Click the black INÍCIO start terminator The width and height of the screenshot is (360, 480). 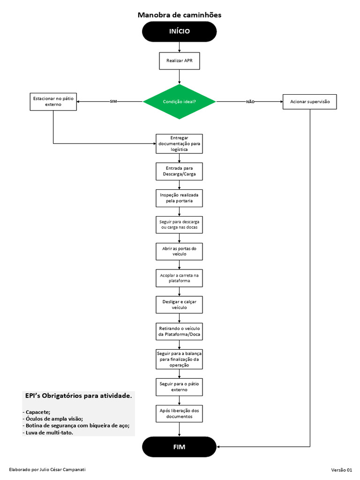pyautogui.click(x=179, y=31)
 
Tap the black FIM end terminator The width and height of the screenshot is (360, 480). pyautogui.click(x=179, y=447)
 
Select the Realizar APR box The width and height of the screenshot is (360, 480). pyautogui.click(x=179, y=60)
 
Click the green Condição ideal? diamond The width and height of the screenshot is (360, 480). pyautogui.click(x=179, y=102)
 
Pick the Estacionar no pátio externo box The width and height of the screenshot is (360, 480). pyautogui.click(x=53, y=101)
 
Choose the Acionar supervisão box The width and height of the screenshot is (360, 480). pyautogui.click(x=310, y=102)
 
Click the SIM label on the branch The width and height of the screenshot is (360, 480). pyautogui.click(x=113, y=102)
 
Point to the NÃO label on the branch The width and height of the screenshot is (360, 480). pyautogui.click(x=250, y=102)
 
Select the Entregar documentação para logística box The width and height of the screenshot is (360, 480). pyautogui.click(x=179, y=143)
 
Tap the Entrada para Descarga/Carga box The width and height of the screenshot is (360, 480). pyautogui.click(x=179, y=171)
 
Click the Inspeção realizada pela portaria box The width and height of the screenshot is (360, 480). pyautogui.click(x=179, y=197)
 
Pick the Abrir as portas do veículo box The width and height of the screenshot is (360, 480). pyautogui.click(x=179, y=251)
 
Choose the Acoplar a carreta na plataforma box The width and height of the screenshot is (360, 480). pyautogui.click(x=179, y=277)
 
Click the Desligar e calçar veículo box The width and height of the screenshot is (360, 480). pyautogui.click(x=179, y=304)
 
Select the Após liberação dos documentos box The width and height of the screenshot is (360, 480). pyautogui.click(x=179, y=413)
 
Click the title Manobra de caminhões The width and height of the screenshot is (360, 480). pyautogui.click(x=180, y=15)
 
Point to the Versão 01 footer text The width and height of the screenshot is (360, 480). pyautogui.click(x=341, y=470)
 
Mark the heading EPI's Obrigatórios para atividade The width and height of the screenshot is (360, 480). pyautogui.click(x=78, y=396)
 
